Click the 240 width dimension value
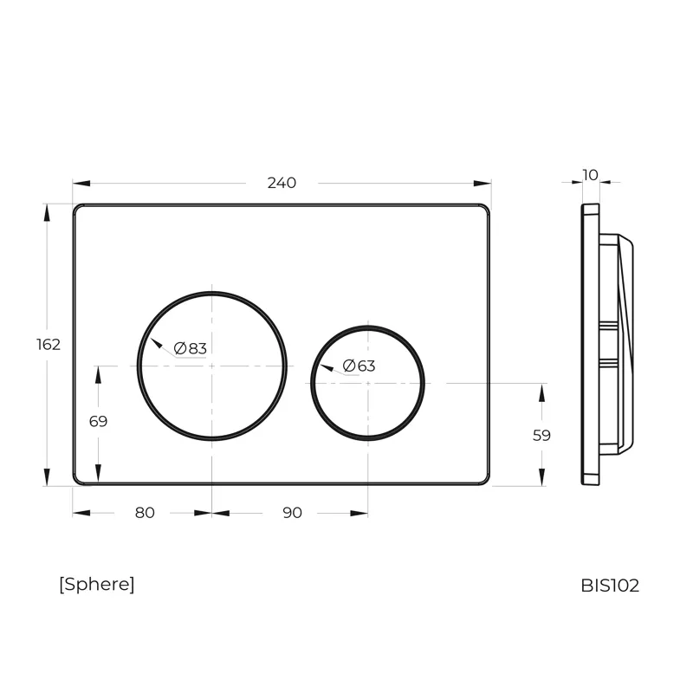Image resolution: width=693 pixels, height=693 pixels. coord(282,183)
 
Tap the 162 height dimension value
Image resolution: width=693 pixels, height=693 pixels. coord(49,344)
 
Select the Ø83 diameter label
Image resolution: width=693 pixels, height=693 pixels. coord(190,348)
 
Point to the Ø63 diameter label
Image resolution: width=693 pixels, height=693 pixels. coord(359,366)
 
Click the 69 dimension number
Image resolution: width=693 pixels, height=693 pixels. coord(98,421)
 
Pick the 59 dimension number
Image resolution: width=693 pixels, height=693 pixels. coord(541,436)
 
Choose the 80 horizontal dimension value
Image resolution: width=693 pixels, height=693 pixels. coord(145,513)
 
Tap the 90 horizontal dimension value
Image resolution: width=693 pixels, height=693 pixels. coord(292,513)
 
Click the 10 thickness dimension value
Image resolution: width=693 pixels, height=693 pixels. coord(591,175)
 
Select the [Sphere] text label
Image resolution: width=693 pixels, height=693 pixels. coord(97,584)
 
